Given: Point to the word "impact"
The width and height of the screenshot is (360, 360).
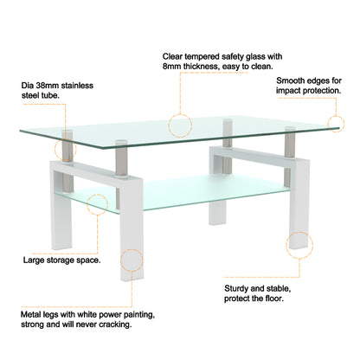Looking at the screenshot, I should coord(293,93).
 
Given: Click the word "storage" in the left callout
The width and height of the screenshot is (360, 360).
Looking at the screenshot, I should coord(68,259).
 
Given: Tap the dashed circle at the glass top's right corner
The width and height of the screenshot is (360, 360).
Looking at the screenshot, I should coord(337,124).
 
